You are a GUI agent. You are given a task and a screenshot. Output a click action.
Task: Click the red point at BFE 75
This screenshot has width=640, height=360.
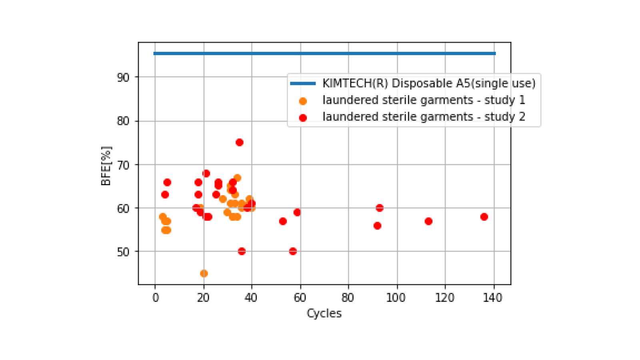click(240, 142)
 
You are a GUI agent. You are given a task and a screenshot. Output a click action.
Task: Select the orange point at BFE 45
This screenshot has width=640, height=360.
click(204, 274)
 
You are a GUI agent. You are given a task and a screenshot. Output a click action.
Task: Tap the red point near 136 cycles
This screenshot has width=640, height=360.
click(484, 217)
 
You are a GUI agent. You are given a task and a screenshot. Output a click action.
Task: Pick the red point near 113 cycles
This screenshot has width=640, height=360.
click(428, 221)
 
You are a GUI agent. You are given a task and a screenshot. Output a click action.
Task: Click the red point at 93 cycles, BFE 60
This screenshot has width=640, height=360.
click(380, 208)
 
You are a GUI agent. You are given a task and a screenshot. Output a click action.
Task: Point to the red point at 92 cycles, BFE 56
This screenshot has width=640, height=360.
click(377, 226)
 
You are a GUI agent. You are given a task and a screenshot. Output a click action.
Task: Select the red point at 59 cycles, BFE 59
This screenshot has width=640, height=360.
click(297, 212)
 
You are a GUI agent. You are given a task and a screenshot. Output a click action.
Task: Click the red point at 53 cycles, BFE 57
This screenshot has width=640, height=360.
click(283, 221)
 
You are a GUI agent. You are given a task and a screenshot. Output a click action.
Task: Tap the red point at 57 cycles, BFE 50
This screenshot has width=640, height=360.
click(293, 251)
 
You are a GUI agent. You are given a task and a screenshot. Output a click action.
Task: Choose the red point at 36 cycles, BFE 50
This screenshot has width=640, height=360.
click(242, 251)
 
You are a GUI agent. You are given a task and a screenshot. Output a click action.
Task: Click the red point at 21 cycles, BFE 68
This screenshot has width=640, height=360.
click(206, 173)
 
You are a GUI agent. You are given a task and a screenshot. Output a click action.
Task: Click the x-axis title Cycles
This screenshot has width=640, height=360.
click(324, 313)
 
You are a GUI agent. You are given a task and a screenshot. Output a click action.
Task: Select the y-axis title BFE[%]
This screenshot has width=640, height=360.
click(106, 166)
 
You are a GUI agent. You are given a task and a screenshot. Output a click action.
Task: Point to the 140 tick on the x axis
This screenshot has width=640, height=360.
click(492, 298)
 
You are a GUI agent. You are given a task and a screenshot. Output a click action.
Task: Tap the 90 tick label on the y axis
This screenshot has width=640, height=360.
click(123, 77)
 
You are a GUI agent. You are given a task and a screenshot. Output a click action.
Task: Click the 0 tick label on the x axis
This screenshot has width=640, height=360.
click(155, 298)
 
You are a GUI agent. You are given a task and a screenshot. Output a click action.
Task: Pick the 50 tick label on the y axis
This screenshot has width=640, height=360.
click(123, 252)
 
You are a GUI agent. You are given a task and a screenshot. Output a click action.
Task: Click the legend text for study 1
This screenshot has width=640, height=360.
click(424, 100)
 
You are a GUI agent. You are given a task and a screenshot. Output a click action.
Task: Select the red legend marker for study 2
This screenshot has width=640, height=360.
click(303, 118)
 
